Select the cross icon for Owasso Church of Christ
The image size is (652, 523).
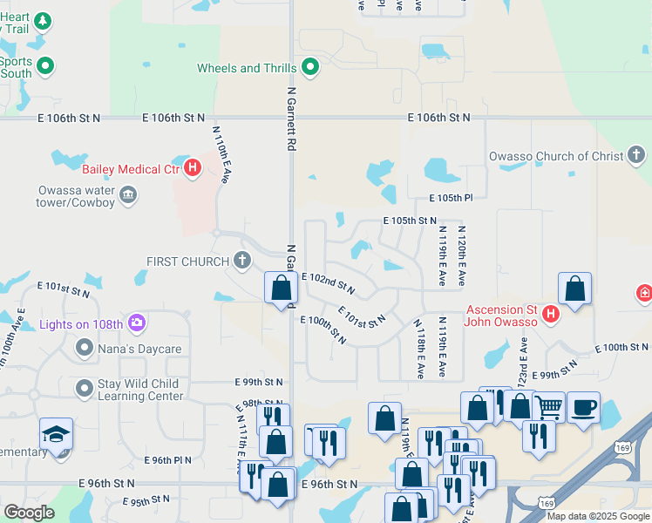point(637,156)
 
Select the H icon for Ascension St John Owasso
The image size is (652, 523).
point(551,314)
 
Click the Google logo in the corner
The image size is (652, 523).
point(29,513)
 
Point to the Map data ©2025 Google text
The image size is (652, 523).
point(597,516)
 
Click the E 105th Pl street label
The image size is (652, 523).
point(450,199)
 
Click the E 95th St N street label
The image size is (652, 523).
point(146,501)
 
